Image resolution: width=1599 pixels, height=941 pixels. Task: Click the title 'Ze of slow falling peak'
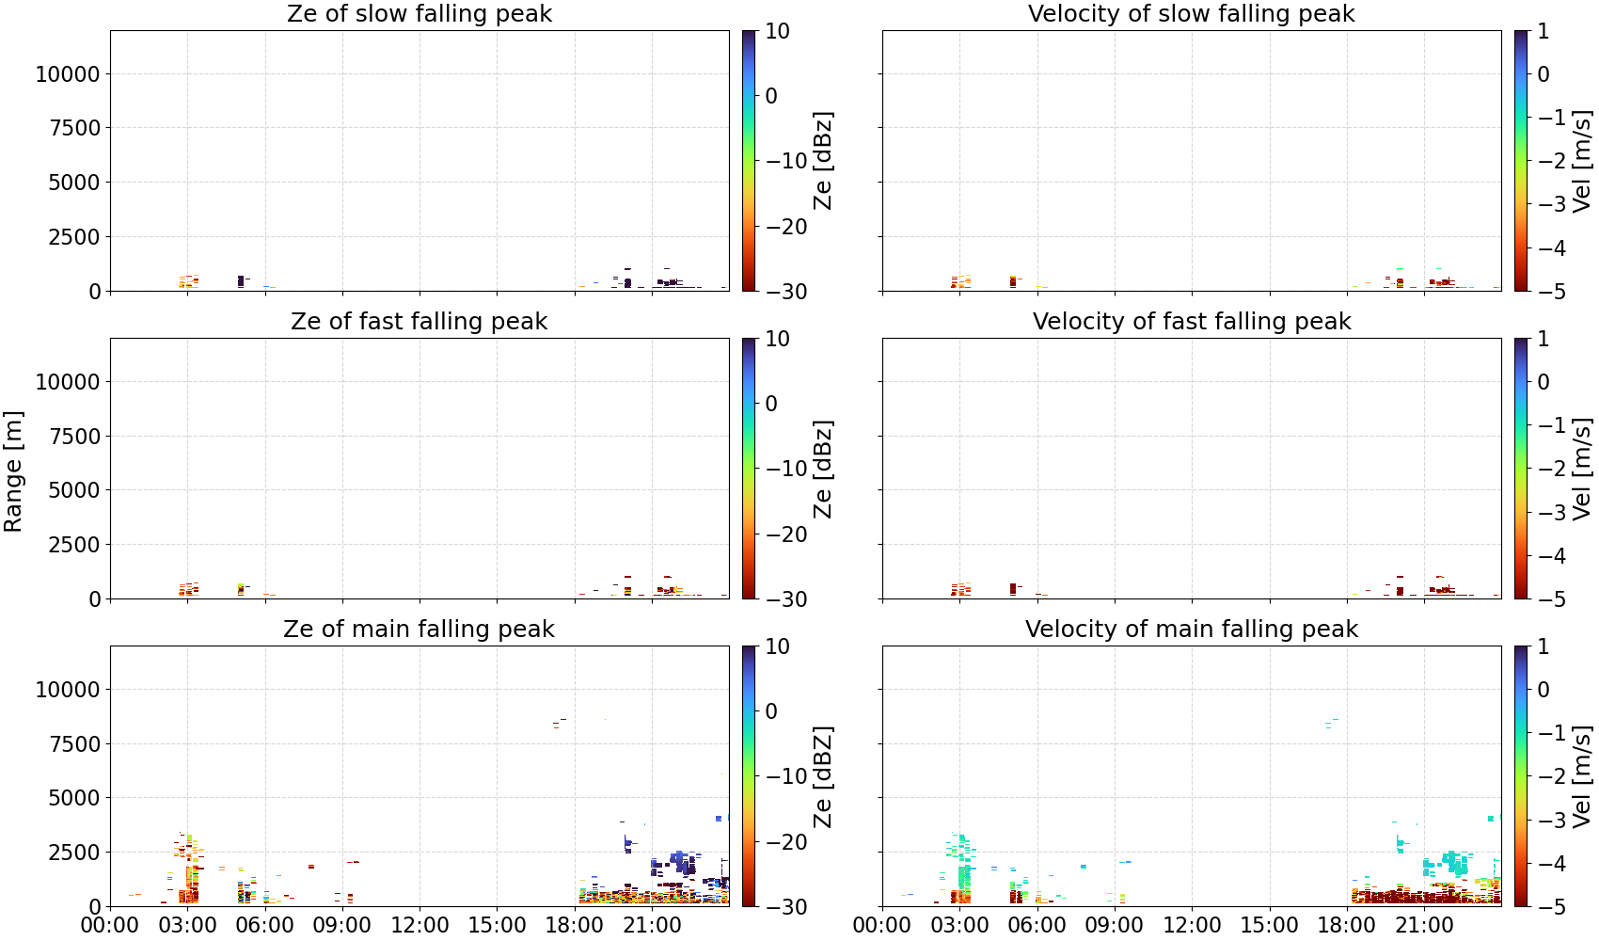(419, 13)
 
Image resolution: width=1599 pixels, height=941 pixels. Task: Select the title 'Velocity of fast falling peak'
(1192, 321)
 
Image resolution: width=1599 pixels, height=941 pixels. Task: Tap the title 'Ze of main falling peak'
(419, 629)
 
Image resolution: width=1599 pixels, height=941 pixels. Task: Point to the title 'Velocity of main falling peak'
(1192, 629)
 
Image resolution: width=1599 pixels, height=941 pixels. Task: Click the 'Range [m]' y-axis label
(13, 471)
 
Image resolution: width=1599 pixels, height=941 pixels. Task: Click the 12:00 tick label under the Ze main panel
(420, 926)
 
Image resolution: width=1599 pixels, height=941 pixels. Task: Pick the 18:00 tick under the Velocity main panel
(1347, 926)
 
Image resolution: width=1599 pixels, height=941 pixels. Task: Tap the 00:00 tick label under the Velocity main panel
(882, 926)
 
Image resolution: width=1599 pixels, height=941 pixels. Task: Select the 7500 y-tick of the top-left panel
(74, 128)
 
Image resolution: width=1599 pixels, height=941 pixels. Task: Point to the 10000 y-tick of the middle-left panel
(68, 382)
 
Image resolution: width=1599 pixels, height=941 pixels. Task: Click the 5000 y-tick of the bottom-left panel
(74, 798)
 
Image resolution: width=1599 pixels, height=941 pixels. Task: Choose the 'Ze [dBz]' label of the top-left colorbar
(823, 161)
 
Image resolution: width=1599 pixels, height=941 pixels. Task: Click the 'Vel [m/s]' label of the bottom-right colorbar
(1583, 776)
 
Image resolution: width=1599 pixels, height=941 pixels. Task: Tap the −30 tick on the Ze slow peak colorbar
(786, 292)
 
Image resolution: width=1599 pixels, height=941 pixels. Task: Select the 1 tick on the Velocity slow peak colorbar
(1544, 31)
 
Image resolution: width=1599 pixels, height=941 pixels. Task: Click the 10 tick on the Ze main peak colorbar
(778, 646)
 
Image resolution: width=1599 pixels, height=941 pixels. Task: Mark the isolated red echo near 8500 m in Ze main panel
(559, 724)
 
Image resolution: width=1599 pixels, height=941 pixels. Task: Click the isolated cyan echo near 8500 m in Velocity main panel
(1331, 724)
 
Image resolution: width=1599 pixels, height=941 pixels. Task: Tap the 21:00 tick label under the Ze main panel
(652, 926)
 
